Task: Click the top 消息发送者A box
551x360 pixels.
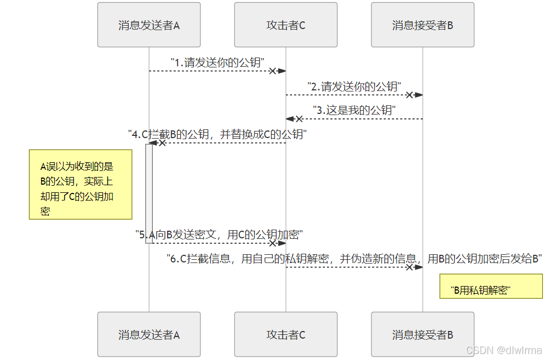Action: point(149,25)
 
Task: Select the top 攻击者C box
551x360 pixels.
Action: point(285,25)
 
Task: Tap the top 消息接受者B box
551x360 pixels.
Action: point(422,25)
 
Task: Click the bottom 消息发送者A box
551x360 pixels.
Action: point(149,335)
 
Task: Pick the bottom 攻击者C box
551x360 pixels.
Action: point(285,335)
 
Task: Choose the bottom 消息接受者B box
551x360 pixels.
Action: point(422,335)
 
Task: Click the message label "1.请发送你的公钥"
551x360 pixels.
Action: point(217,62)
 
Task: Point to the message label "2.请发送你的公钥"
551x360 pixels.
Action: point(354,87)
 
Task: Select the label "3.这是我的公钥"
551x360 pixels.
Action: point(354,110)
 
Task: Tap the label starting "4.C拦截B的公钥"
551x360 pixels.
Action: point(217,134)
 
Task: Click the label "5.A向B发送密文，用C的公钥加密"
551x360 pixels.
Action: point(219,235)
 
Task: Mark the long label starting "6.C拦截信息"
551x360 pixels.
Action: point(354,259)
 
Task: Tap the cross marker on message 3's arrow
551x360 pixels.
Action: point(299,119)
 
